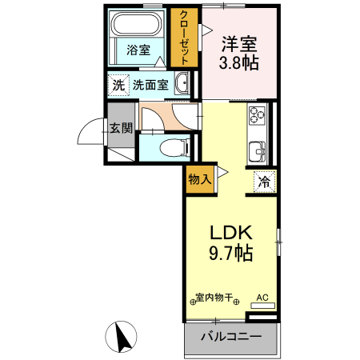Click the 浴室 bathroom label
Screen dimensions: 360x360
[138, 50]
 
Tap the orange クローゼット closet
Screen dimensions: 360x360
[184, 37]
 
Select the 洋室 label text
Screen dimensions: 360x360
[239, 43]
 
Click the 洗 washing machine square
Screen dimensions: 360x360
[118, 84]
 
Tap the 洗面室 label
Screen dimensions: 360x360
[150, 84]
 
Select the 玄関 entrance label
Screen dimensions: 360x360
[121, 128]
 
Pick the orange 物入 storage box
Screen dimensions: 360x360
[200, 179]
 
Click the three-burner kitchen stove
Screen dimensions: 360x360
[258, 116]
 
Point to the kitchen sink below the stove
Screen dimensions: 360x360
[258, 150]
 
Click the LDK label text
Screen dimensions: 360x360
[231, 233]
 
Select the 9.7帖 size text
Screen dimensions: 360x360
[231, 254]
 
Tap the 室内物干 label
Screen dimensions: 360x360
[214, 298]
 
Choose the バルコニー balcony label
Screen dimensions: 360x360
[231, 337]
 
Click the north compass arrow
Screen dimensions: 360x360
[123, 336]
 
